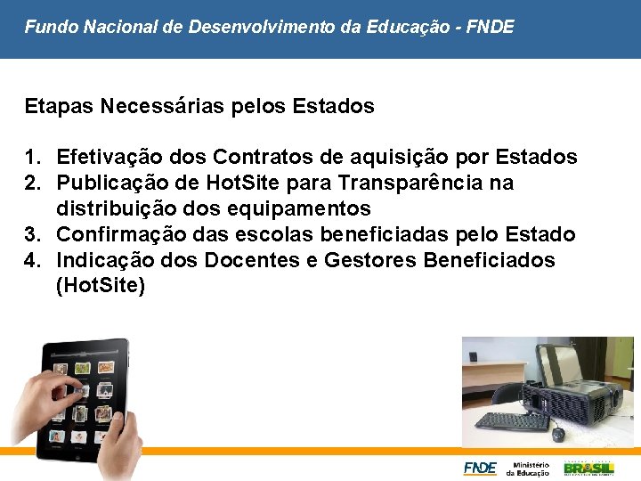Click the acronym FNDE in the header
click(x=491, y=28)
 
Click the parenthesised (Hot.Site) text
click(x=101, y=287)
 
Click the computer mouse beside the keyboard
click(x=558, y=434)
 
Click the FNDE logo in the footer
click(x=479, y=468)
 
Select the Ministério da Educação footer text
click(x=529, y=468)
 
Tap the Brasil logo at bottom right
click(x=588, y=468)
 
